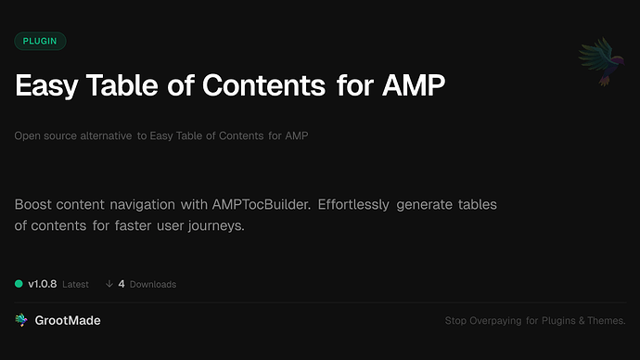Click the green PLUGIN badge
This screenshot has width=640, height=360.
pos(40,41)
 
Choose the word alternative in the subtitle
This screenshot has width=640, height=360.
pos(104,136)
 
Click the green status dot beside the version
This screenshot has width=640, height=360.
pos(19,284)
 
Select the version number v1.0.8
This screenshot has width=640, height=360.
pos(43,284)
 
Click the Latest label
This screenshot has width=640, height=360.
pos(75,285)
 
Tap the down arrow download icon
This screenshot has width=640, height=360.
pos(109,284)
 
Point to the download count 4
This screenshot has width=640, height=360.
pos(122,284)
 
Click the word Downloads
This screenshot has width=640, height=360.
pos(152,285)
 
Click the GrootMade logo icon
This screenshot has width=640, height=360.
pos(21,320)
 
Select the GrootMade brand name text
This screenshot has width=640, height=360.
pos(70,320)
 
